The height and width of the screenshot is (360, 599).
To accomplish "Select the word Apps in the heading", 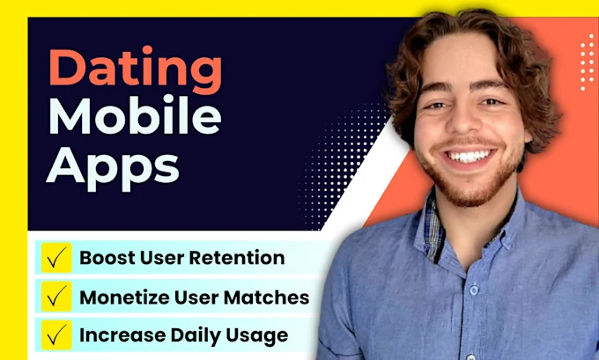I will click(112, 165).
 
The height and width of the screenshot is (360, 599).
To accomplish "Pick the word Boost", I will click(106, 258).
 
